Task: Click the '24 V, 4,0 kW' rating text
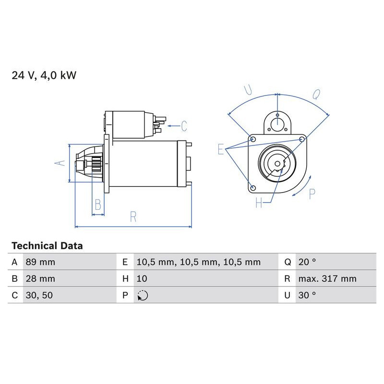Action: point(44,75)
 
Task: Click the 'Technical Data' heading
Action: point(47,246)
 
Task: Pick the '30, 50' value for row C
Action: point(38,295)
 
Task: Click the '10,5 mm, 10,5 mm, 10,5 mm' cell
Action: point(198,262)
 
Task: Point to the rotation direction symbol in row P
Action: point(143,295)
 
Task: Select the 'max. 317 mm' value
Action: point(326,278)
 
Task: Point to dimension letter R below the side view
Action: point(133,217)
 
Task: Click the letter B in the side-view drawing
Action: point(98,205)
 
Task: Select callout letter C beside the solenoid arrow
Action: point(184,126)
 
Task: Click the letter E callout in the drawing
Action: point(221,149)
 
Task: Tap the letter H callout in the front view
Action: point(259,203)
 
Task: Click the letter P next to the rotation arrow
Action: point(312,194)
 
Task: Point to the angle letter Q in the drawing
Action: point(316,95)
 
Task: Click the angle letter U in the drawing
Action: point(248,90)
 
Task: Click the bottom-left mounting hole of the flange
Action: point(253,187)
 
